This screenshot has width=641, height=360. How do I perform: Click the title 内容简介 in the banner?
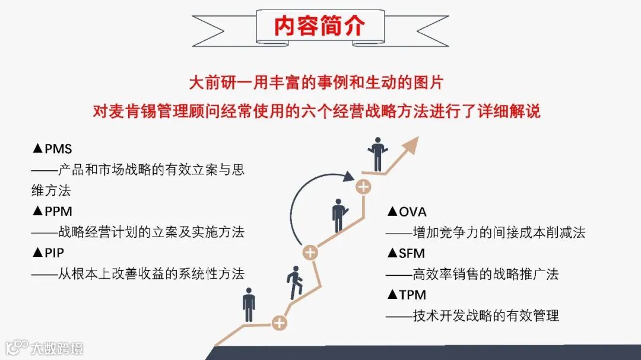pyautogui.click(x=319, y=26)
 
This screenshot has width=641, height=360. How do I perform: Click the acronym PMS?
pyautogui.click(x=58, y=149)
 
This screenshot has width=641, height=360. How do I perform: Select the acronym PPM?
pyautogui.click(x=59, y=211)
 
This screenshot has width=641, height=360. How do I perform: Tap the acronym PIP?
pyautogui.click(x=55, y=253)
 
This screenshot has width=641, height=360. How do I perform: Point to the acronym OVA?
pyautogui.click(x=412, y=212)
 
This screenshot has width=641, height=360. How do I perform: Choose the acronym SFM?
pyautogui.click(x=412, y=253)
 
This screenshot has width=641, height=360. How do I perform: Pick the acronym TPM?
pyautogui.click(x=412, y=295)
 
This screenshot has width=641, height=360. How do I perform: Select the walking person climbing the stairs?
pyautogui.click(x=295, y=283)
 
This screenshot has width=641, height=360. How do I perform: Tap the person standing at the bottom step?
pyautogui.click(x=249, y=305)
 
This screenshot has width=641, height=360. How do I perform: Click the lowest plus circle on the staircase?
pyautogui.click(x=279, y=323)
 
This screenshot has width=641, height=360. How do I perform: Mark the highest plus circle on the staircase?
pyautogui.click(x=363, y=187)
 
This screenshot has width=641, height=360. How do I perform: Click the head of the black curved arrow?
pyautogui.click(x=349, y=176)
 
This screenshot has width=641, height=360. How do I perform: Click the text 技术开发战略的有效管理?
pyautogui.click(x=486, y=316)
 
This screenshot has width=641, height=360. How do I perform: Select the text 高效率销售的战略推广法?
pyautogui.click(x=486, y=274)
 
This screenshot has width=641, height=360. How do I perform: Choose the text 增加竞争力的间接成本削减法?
pyautogui.click(x=499, y=232)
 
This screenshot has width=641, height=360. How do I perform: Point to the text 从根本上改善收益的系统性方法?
pyautogui.click(x=151, y=273)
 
